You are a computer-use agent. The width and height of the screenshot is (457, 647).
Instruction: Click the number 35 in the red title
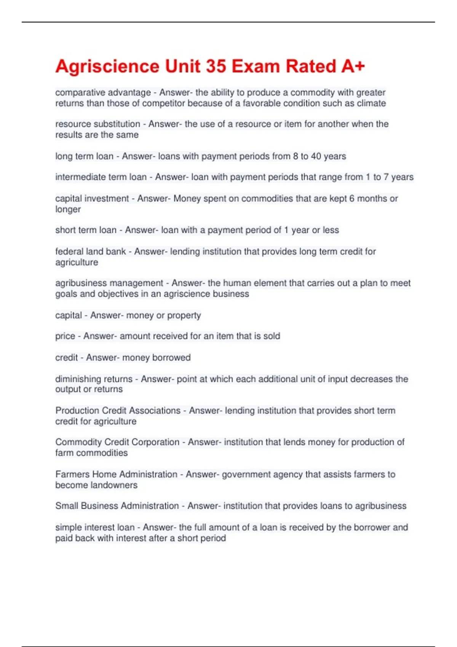pyautogui.click(x=216, y=66)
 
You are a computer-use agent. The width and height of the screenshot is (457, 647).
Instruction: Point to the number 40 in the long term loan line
pyautogui.click(x=316, y=156)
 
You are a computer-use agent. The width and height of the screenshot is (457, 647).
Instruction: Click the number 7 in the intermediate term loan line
pyautogui.click(x=386, y=177)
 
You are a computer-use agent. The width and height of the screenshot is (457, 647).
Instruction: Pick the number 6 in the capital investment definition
pyautogui.click(x=352, y=198)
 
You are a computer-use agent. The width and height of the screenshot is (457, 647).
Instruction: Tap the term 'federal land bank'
pyautogui.click(x=91, y=251)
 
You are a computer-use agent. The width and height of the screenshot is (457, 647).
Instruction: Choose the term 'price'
pyautogui.click(x=65, y=336)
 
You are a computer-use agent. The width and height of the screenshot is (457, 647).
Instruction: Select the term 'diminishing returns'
pyautogui.click(x=94, y=379)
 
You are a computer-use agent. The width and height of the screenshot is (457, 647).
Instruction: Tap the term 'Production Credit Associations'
pyautogui.click(x=118, y=410)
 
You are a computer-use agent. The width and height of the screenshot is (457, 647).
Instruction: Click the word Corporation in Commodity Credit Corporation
pyautogui.click(x=156, y=442)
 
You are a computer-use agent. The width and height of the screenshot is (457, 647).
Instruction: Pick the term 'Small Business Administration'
pyautogui.click(x=117, y=506)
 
